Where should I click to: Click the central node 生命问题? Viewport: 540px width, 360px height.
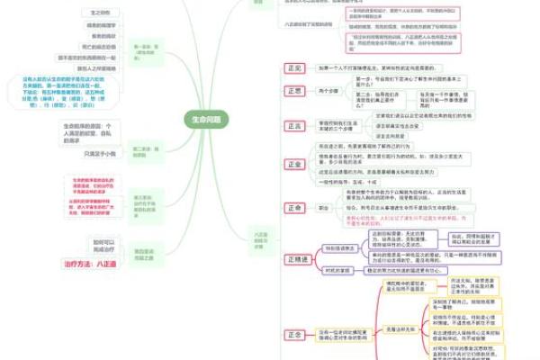pos(205,119)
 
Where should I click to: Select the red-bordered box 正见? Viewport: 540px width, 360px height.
pos(293,68)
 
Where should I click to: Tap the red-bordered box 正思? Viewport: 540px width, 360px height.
pos(293,91)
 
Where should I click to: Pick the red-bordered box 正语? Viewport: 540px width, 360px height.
pos(293,127)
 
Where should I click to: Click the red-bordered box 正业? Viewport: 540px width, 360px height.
pos(293,164)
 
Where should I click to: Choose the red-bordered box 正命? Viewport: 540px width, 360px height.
pos(293,207)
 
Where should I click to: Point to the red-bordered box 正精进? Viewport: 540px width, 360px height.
pos(297,259)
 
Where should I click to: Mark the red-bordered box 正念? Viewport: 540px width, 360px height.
pos(293,334)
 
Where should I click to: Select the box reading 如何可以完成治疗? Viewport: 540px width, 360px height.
pos(104,245)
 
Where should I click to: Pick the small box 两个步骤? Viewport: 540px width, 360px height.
pos(329,91)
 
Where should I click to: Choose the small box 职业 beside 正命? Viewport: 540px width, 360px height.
pos(324,207)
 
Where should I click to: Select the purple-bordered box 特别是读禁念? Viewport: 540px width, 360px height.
pos(341,247)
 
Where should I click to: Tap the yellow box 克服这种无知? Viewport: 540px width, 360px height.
pos(400,328)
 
